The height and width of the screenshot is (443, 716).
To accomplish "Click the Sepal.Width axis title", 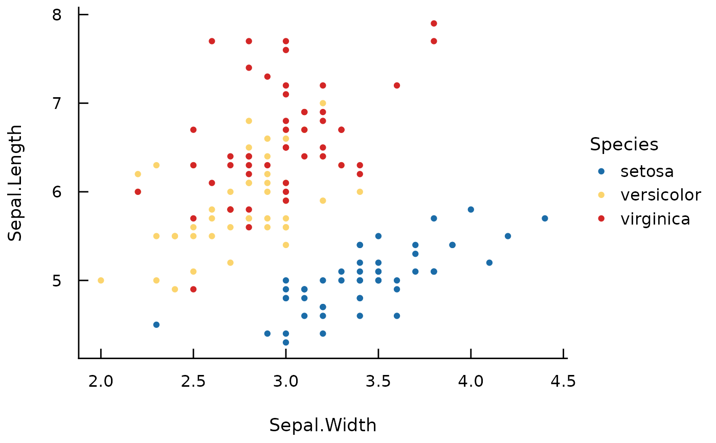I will pyautogui.click(x=323, y=425).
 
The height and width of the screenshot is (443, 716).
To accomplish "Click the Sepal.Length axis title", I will pyautogui.click(x=15, y=183).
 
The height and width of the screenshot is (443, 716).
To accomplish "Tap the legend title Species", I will pyautogui.click(x=624, y=145).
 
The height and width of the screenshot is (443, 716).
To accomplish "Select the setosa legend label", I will pyautogui.click(x=647, y=171).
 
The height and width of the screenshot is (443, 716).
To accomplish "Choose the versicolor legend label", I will pyautogui.click(x=660, y=195).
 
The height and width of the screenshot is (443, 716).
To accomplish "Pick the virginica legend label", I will pyautogui.click(x=655, y=219).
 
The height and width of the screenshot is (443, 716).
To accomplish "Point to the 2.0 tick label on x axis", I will pyautogui.click(x=101, y=381).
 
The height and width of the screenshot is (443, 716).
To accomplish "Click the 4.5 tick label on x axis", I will pyautogui.click(x=563, y=381).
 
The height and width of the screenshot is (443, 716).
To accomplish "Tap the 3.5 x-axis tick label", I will pyautogui.click(x=378, y=381).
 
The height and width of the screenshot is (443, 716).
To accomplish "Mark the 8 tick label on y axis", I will pyautogui.click(x=57, y=15).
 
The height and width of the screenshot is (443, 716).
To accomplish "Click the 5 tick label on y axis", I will pyautogui.click(x=57, y=281).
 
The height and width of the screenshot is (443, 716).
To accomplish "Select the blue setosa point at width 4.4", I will pyautogui.click(x=545, y=218).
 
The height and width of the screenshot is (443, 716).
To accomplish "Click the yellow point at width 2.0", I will pyautogui.click(x=101, y=280).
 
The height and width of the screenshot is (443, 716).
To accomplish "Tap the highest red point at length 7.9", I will pyautogui.click(x=434, y=24).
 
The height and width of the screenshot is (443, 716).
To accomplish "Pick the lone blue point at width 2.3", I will pyautogui.click(x=156, y=325).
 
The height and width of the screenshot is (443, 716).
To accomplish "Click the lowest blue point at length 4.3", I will pyautogui.click(x=286, y=342).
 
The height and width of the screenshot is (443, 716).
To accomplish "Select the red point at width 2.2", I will pyautogui.click(x=138, y=192).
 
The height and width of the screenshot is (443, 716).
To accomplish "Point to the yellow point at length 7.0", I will pyautogui.click(x=323, y=103).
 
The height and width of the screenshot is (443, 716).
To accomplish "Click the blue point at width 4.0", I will pyautogui.click(x=471, y=210).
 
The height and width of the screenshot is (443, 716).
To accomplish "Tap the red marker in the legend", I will pyautogui.click(x=601, y=218).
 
